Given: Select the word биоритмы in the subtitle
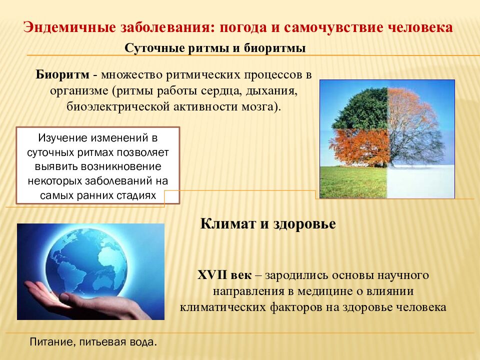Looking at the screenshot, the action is [x=275, y=48].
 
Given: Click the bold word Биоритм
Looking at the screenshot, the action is [x=62, y=74].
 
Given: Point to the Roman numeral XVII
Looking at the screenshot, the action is [x=211, y=274].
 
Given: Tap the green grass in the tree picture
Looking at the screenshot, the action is [x=353, y=182].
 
